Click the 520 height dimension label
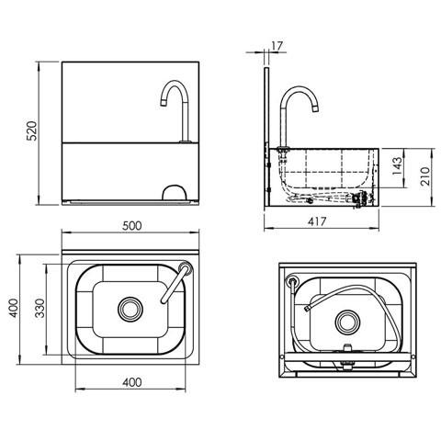[32, 130]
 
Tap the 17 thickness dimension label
[277, 46]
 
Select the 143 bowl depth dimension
[397, 165]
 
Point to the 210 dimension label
[425, 175]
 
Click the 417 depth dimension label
[317, 221]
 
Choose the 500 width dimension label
[132, 226]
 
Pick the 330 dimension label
[40, 308]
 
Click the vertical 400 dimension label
[14, 308]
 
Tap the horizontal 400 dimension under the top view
[132, 382]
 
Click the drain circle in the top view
[130, 310]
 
